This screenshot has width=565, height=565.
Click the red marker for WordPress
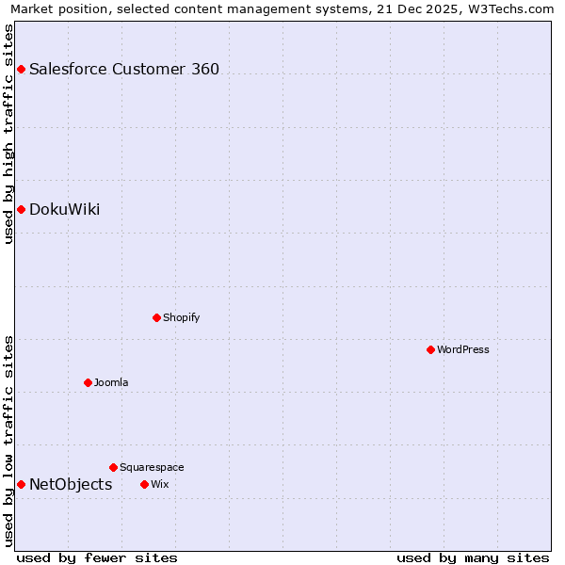[x=430, y=349]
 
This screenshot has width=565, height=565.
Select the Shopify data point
[x=156, y=317]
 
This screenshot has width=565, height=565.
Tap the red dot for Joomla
[x=88, y=382]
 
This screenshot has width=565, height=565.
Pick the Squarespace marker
[x=113, y=467]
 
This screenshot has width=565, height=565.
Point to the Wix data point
[x=144, y=484]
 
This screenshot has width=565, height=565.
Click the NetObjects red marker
[x=21, y=484]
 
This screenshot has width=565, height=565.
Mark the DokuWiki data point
[x=21, y=209]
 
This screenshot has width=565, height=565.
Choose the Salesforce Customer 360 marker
[x=21, y=69]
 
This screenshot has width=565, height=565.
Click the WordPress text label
[x=463, y=349]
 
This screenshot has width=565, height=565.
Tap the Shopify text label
[x=182, y=317]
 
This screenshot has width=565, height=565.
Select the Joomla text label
[x=111, y=382]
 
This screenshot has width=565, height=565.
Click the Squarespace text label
[x=152, y=467]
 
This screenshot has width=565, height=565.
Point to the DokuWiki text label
[x=65, y=209]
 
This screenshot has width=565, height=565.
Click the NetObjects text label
[x=71, y=484]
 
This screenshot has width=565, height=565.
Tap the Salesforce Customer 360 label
[x=124, y=69]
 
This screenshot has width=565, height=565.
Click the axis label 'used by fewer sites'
[x=97, y=557]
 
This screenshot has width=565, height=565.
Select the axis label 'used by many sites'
[x=473, y=557]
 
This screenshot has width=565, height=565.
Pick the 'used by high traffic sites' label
[x=8, y=134]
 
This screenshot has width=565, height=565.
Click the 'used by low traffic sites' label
[x=8, y=441]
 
